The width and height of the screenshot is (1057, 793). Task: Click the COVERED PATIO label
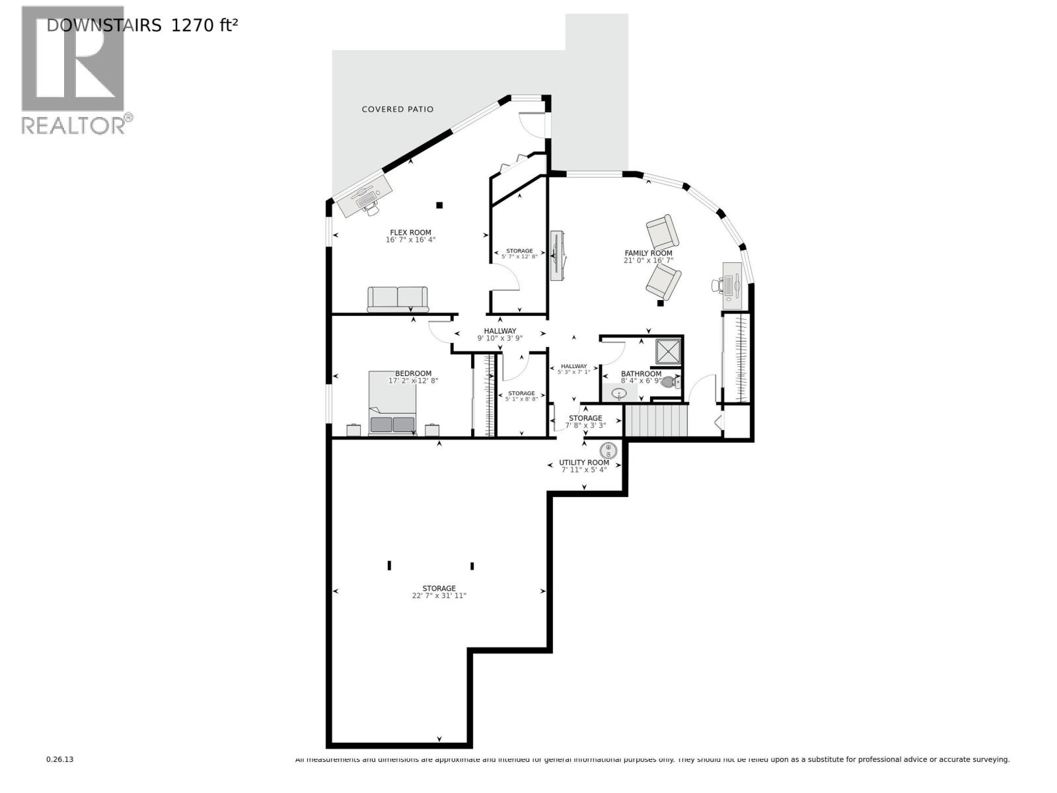click(x=398, y=109)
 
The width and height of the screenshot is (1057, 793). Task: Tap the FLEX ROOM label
click(x=410, y=232)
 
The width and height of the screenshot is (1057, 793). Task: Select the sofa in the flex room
click(x=398, y=299)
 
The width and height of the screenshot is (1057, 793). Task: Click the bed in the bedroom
click(x=392, y=402)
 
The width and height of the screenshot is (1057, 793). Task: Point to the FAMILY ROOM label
click(x=648, y=253)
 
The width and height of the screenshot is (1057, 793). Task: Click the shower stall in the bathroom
click(x=668, y=351)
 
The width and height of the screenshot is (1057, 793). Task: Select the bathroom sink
click(x=620, y=394)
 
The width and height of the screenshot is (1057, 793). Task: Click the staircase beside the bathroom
click(x=656, y=420)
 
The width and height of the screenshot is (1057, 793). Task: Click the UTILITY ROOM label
click(x=584, y=463)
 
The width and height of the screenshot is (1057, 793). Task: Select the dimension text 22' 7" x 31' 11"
click(x=439, y=596)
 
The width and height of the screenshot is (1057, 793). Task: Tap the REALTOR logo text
click(x=73, y=126)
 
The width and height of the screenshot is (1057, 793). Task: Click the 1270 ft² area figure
click(x=204, y=26)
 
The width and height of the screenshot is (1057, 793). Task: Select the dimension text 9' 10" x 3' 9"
click(x=499, y=338)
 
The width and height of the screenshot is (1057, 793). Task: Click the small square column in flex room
click(x=439, y=205)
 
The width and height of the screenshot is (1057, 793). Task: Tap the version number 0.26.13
click(x=59, y=760)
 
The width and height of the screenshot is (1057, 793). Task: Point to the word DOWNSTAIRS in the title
click(x=104, y=26)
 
